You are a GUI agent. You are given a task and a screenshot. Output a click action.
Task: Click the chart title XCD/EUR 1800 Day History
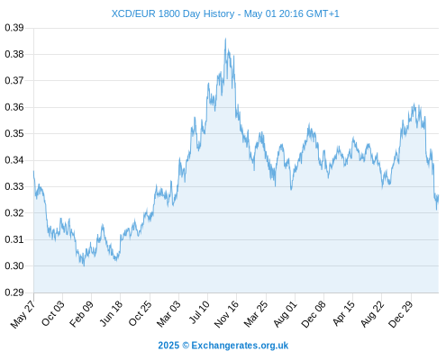[x=173, y=13]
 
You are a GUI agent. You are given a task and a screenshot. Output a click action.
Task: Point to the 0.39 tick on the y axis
[x=14, y=28]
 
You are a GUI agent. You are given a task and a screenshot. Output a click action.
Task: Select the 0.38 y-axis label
[x=14, y=54]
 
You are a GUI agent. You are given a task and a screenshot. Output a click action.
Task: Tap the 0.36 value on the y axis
[x=14, y=107]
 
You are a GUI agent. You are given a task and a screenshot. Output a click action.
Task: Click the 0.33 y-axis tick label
[x=14, y=186]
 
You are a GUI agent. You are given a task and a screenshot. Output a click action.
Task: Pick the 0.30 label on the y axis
[x=14, y=265]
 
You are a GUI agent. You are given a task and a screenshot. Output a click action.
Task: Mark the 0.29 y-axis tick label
[x=14, y=292]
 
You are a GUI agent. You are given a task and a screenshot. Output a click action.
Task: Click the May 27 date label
[x=23, y=314]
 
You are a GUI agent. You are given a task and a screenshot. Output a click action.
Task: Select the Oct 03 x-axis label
[x=53, y=313]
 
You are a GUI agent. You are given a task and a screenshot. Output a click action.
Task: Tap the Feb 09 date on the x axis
[x=81, y=313]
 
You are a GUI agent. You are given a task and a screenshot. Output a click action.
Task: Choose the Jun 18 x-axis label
[x=111, y=313]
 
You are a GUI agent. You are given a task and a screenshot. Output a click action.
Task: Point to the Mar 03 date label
[x=168, y=313]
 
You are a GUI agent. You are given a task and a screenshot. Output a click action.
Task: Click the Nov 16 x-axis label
[x=226, y=313]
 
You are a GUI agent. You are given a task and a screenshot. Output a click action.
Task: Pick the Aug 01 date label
[x=285, y=314]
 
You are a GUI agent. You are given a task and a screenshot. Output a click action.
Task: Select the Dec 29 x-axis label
[x=401, y=314]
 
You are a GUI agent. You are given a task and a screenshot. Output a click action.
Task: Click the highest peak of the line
[x=225, y=39]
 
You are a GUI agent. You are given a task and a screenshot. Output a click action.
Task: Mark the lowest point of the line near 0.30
[x=84, y=265]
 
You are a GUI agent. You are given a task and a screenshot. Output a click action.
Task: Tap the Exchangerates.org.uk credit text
[x=240, y=346]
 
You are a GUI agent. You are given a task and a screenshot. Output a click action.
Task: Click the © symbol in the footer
[x=186, y=346]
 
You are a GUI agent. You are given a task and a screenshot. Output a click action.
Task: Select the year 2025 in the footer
[x=168, y=346]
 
